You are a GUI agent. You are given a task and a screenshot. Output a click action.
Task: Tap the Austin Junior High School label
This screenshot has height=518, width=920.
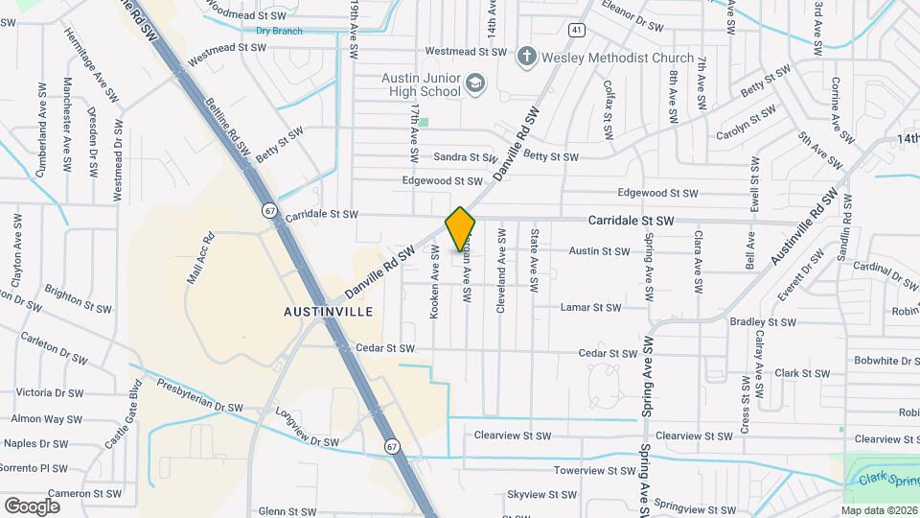click(421, 84)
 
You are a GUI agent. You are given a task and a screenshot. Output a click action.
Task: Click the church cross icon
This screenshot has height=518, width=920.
click(525, 58)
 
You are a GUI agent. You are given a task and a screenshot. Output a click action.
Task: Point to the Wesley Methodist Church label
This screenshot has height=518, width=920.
click(617, 58)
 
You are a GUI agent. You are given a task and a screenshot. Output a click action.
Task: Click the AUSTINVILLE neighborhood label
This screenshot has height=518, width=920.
click(328, 313)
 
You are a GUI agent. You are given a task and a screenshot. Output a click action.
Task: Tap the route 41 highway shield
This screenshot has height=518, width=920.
click(575, 30)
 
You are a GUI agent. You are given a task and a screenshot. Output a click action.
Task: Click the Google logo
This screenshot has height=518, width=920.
click(32, 506)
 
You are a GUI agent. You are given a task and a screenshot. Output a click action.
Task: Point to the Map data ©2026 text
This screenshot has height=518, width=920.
click(878, 510)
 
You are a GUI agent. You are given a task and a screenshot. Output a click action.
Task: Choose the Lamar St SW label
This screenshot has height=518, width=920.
click(590, 308)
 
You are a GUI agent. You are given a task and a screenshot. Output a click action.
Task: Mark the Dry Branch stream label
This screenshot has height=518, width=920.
click(279, 31)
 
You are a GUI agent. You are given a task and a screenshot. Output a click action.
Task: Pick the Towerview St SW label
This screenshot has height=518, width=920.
click(594, 471)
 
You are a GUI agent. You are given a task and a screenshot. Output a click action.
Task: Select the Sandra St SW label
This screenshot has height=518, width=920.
click(465, 157)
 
